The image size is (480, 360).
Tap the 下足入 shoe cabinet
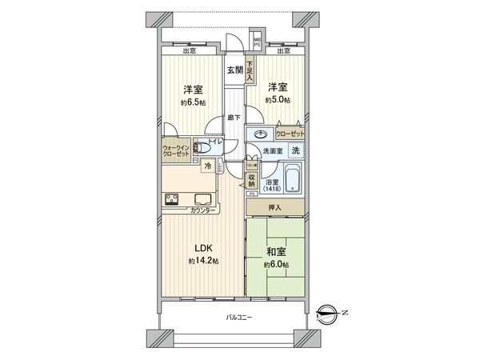pos(250,71)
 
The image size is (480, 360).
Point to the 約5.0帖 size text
pos(278,99)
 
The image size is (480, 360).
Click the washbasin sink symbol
pos(262,134)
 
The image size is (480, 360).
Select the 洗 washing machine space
pos(294,151)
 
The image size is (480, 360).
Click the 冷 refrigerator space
pos(209,166)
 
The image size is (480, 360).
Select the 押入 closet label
pos(274,207)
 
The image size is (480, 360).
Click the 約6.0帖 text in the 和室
pos(278,265)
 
